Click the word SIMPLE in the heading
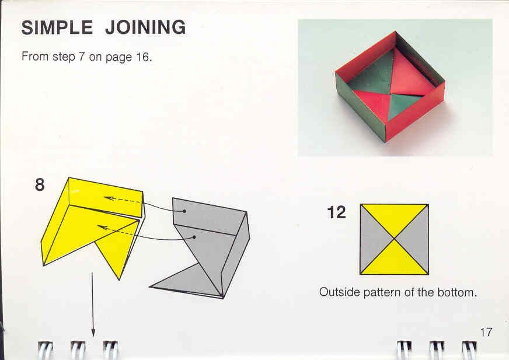[57, 27]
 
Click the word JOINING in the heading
[145, 27]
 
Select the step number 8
[40, 185]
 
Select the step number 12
[337, 212]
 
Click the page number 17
[486, 332]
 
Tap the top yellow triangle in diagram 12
[394, 216]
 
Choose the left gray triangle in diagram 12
[372, 239]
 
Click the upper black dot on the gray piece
[184, 211]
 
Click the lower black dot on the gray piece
[194, 237]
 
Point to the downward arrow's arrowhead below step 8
[93, 333]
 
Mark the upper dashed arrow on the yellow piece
[123, 200]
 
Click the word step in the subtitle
[64, 57]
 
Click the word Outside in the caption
[340, 292]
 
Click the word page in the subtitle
[119, 58]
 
